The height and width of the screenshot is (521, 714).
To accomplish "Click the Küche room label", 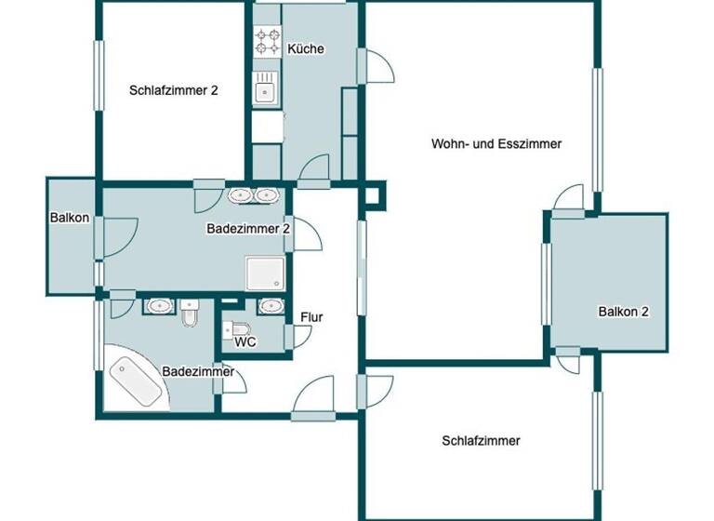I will point(306,49).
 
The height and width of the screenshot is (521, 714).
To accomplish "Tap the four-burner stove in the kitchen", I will point(268,41).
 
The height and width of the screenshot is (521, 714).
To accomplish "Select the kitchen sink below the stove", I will point(267,90).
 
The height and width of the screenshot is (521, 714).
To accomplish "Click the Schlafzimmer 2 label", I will point(174,91).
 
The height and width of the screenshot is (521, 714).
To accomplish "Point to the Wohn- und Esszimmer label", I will point(497,143).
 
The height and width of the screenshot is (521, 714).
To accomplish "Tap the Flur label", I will point(311,318).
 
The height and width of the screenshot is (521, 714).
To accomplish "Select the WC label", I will point(246,342).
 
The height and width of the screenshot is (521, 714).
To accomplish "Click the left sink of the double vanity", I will point(241,196).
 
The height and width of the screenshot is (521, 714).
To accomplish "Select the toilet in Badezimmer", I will point(191,314).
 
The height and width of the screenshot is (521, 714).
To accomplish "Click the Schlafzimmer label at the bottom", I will point(481,441).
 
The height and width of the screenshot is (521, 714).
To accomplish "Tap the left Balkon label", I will point(70,219).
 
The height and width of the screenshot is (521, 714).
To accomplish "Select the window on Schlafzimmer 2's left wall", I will point(98,74).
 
